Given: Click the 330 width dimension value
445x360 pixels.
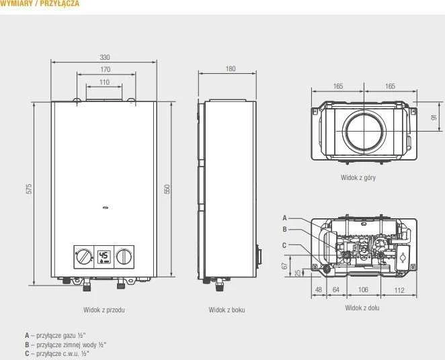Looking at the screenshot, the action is tap(105, 57).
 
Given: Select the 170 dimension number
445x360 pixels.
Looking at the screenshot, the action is tap(106, 69).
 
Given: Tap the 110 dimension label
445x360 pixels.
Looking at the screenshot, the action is tap(104, 82).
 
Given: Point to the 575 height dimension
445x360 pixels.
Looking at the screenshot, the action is tap(29, 189).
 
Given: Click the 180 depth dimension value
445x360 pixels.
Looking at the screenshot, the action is tap(231, 69).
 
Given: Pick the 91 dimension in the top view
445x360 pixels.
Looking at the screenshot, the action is tap(434, 117).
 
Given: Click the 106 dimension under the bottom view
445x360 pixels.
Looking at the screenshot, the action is tap(363, 289).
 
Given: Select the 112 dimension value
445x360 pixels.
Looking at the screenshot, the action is tap(399, 290).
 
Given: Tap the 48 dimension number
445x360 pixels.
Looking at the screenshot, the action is tap(319, 289).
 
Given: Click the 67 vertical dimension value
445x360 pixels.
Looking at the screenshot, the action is tap(284, 266).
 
